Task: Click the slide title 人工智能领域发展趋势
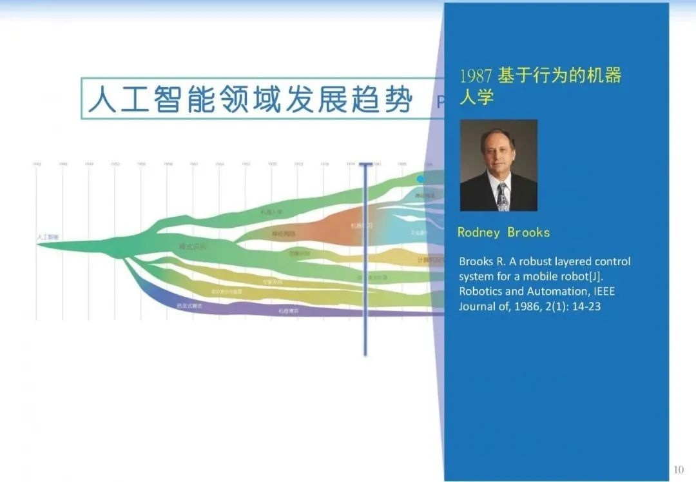click(x=250, y=99)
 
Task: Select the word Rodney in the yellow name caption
click(x=478, y=232)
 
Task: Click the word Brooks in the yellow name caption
click(x=528, y=232)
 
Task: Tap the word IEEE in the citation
click(x=603, y=291)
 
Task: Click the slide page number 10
click(x=678, y=469)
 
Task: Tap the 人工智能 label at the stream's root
click(x=47, y=237)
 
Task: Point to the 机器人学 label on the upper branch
click(x=271, y=212)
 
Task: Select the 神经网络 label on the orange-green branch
click(x=284, y=234)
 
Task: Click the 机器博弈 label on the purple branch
click(x=288, y=310)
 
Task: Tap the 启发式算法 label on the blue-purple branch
click(x=189, y=305)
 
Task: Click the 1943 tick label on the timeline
click(x=36, y=164)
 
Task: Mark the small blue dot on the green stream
click(x=421, y=179)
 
